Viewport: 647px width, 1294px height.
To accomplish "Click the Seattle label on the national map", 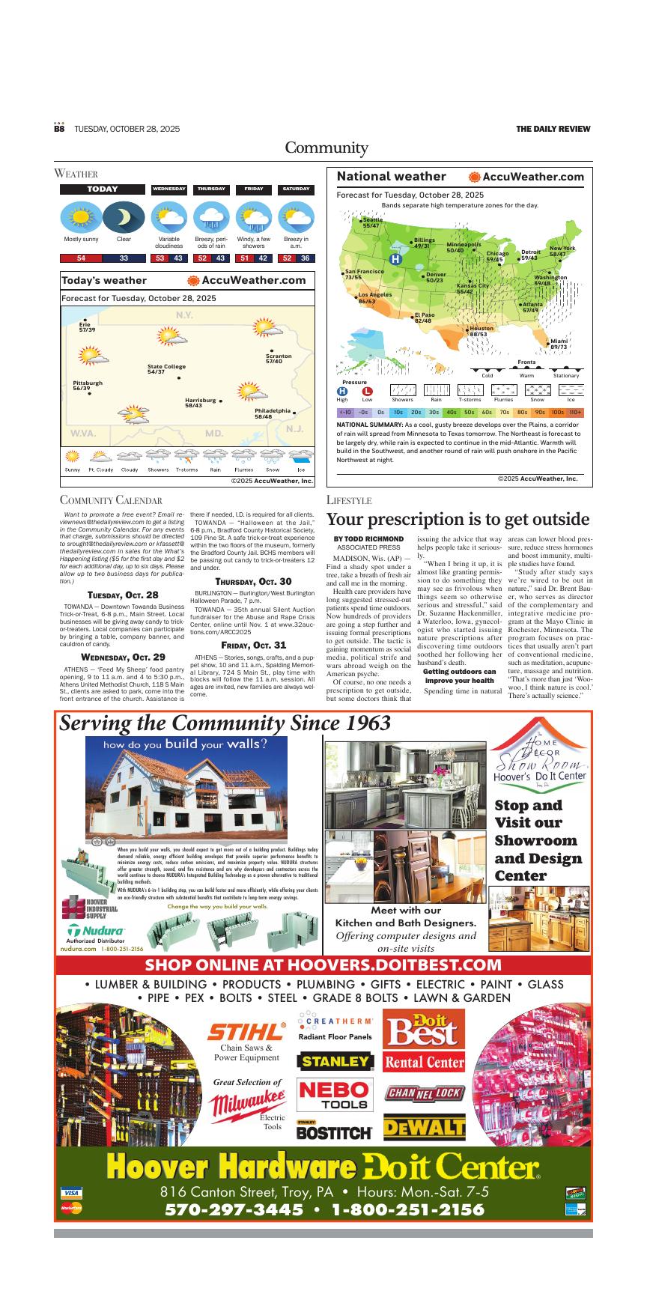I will point(371,222).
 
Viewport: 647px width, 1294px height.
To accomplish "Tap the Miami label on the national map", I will point(559,344).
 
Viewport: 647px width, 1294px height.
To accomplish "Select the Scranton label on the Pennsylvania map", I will point(279,359).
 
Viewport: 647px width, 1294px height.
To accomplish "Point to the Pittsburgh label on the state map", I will point(88,386).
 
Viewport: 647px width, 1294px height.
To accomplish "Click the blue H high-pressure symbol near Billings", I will point(396,259).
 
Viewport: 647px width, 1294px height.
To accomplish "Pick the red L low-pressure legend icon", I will point(367,391).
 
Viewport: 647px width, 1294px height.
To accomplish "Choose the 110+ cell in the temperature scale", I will point(575,412).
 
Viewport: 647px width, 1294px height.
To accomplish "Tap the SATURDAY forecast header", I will point(296,189).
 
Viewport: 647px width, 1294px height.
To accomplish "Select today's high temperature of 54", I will point(81,258).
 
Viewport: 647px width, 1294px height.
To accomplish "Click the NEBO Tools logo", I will point(334,1095).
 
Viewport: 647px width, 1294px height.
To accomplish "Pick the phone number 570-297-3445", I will point(234,1210).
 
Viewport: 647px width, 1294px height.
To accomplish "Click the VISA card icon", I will point(72,1192).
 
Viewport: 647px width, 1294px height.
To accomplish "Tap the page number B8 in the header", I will point(59,129).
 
